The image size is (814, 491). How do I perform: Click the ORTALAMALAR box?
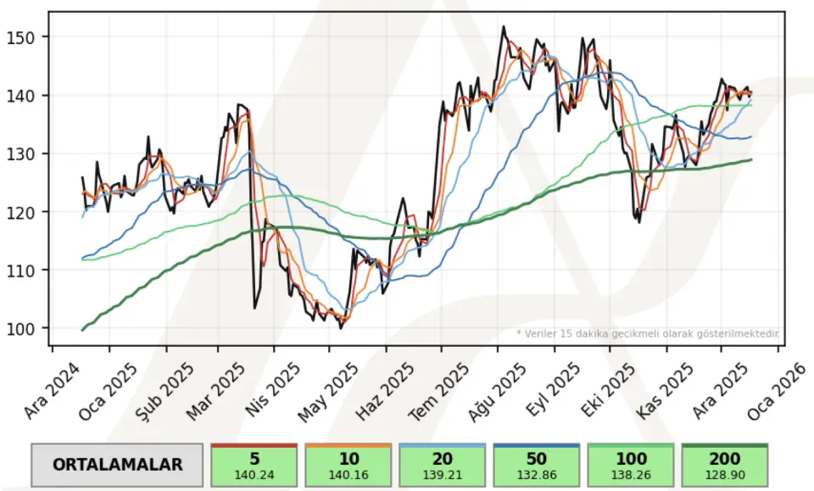[117, 465]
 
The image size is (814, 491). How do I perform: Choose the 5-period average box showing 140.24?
[254, 465]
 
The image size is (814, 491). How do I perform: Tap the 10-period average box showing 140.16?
[348, 465]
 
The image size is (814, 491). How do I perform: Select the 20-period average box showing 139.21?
[443, 465]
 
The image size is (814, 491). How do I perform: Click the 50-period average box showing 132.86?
[537, 465]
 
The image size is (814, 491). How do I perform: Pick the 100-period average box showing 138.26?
[630, 465]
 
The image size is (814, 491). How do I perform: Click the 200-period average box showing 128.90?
[724, 465]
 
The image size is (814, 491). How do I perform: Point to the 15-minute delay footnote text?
[648, 334]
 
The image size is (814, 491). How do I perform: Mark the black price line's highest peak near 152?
[504, 26]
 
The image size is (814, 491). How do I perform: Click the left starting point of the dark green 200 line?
[82, 330]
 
